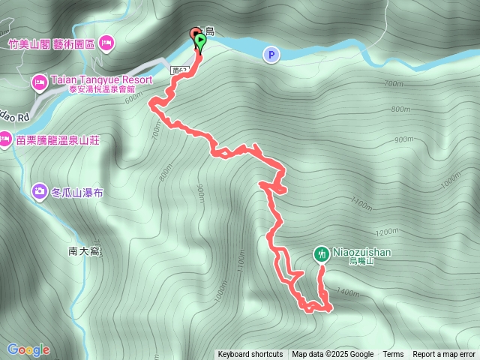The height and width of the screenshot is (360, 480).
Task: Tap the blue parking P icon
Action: pyautogui.click(x=270, y=54)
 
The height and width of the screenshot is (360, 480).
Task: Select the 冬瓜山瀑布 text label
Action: pyautogui.click(x=77, y=193)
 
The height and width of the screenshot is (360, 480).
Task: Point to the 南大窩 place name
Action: pyautogui.click(x=82, y=251)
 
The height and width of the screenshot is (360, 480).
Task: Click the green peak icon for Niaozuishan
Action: pyautogui.click(x=321, y=254)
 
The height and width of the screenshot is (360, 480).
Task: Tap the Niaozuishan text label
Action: pyautogui.click(x=363, y=253)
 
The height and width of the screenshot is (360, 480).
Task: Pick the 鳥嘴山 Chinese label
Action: pyautogui.click(x=360, y=262)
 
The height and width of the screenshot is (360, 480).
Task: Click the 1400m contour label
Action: pyautogui.click(x=348, y=292)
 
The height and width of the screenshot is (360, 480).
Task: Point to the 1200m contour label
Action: pyautogui.click(x=388, y=231)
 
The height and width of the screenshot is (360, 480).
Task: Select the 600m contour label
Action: pyautogui.click(x=133, y=97)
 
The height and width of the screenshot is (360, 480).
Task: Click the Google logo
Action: pyautogui.click(x=28, y=349)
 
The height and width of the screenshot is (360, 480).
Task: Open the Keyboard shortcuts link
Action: pyautogui.click(x=250, y=355)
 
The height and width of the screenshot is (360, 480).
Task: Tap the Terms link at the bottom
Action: pyautogui.click(x=393, y=355)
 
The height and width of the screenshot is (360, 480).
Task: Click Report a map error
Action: pyautogui.click(x=444, y=355)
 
